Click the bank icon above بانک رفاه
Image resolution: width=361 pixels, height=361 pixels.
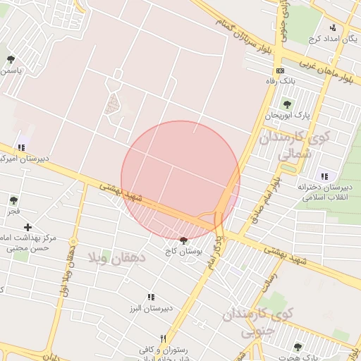[x=281, y=71]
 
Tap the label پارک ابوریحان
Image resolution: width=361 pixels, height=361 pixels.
[x=288, y=115]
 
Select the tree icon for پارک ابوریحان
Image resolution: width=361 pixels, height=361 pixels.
[x=287, y=104]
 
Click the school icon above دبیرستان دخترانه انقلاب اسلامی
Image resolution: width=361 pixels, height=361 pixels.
[x=324, y=176]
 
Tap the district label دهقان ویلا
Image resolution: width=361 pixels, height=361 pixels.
[x=116, y=257]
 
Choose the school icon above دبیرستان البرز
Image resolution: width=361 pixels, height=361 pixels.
[x=149, y=298]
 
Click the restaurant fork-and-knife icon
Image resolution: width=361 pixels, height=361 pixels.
[x=164, y=338]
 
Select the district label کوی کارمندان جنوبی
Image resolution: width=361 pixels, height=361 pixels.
[x=252, y=323]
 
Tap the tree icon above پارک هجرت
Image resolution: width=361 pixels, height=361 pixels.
[x=297, y=347]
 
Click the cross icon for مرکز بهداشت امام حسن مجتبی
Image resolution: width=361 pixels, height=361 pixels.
[x=27, y=227]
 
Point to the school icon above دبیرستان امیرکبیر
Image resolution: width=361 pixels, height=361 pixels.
[x=21, y=147]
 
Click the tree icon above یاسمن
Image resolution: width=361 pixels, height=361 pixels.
[x=10, y=60]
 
